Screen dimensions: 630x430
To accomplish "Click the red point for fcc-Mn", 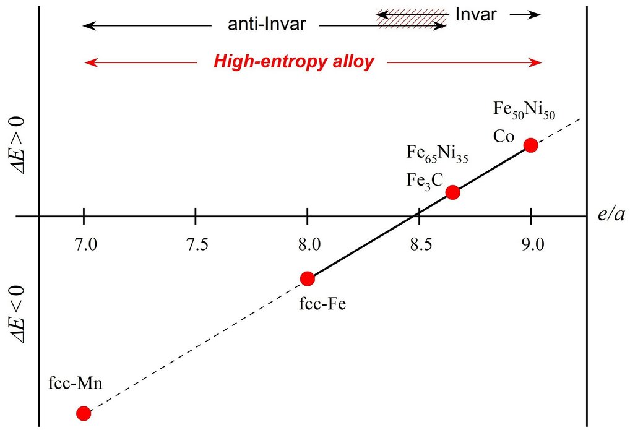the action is tap(84, 413).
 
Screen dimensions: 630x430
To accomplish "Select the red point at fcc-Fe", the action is tap(308, 278).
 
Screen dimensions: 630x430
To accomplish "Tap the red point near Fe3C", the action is tap(453, 192).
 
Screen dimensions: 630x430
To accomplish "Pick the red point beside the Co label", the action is tap(531, 145).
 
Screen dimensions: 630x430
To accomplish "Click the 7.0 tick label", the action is tap(85, 244).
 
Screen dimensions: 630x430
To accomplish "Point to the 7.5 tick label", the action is tap(197, 244).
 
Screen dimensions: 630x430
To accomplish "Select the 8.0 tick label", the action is tap(309, 244).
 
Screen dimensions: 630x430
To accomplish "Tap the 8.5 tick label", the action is tap(421, 244).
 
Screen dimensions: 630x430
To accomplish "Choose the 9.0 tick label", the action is tap(533, 244).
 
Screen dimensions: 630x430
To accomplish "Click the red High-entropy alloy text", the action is tap(294, 62).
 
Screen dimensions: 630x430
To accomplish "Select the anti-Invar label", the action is tap(267, 24).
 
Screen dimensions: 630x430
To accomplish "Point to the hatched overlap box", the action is tap(411, 19).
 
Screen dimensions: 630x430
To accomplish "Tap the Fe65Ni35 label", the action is tap(437, 153).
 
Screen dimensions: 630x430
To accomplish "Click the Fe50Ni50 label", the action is tap(524, 110).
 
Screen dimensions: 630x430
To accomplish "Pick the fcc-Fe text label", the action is tap(322, 304).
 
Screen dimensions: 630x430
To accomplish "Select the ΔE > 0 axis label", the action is tap(18, 145).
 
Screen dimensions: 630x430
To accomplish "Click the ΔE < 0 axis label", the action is tap(18, 314).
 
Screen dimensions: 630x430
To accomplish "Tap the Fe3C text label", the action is tap(425, 181).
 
